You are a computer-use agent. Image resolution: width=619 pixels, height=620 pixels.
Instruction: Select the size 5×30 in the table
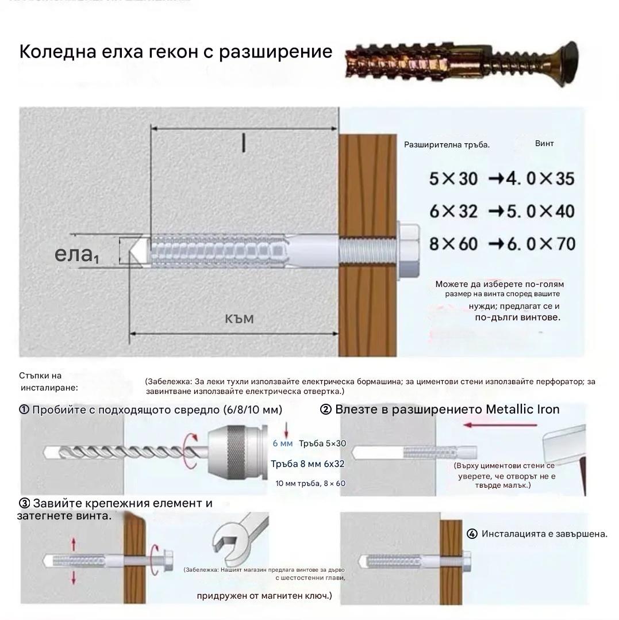453,179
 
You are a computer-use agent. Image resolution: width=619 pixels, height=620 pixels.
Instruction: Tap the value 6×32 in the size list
453,211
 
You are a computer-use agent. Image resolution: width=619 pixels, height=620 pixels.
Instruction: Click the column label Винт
544,143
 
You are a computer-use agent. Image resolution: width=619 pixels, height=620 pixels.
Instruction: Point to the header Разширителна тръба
447,144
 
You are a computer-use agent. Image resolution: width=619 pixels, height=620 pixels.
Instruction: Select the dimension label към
239,318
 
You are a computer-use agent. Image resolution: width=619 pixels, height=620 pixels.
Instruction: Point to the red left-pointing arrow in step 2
500,426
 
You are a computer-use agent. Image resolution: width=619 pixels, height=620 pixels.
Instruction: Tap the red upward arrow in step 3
74,544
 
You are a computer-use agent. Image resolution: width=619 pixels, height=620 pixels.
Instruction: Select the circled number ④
472,534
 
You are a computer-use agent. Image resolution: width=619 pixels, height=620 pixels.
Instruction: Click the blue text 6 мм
283,443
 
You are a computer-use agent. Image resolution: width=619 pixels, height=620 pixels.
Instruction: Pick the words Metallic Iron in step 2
522,409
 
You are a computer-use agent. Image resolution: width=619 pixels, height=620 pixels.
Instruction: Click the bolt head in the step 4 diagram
467,559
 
